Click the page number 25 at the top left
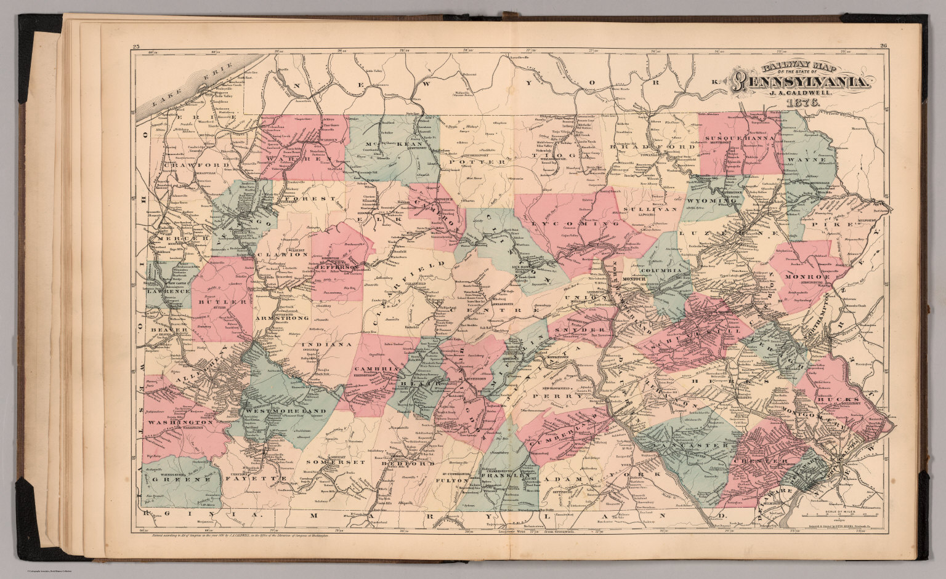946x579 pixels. click(136, 46)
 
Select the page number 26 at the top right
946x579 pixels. click(882, 46)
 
